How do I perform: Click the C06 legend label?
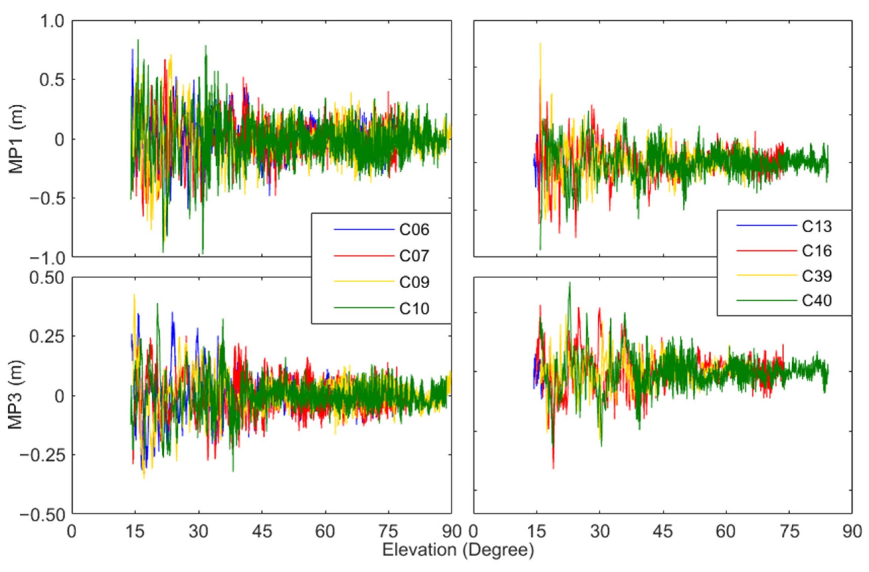click(414, 230)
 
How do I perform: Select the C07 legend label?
click(414, 256)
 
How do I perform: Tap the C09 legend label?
click(414, 282)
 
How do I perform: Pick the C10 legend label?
click(414, 309)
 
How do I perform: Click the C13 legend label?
click(817, 227)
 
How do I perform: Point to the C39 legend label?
click(817, 276)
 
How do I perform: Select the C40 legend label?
click(817, 301)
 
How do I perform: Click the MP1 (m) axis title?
click(16, 139)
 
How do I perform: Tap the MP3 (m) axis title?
click(16, 395)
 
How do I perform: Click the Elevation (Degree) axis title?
click(458, 550)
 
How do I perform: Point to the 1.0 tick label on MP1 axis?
click(51, 21)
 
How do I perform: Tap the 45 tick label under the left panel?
click(262, 531)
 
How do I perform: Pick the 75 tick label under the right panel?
click(790, 531)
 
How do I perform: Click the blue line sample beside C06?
click(364, 230)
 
